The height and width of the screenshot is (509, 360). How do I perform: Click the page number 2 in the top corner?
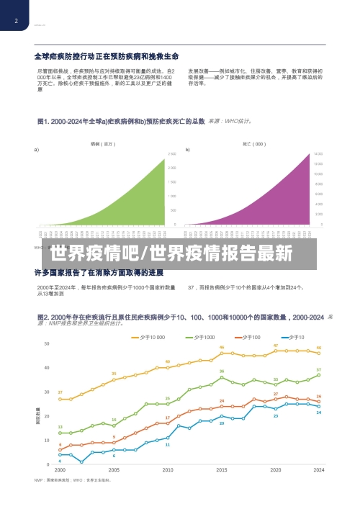(15, 21)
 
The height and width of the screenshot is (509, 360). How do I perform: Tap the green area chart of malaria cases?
(137, 205)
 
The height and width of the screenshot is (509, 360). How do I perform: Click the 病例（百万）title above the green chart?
(102, 144)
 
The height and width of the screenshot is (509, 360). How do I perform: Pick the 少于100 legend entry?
(248, 337)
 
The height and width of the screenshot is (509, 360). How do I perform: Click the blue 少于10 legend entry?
(294, 337)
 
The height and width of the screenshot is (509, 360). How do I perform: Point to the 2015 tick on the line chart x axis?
(222, 469)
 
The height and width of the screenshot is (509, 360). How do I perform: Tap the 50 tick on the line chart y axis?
(47, 343)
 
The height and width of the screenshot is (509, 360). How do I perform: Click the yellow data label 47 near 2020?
(276, 346)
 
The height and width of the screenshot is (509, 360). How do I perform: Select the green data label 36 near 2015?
(222, 371)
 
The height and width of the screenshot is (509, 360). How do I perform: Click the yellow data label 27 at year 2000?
(60, 392)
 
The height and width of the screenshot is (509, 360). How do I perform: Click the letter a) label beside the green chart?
(37, 150)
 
